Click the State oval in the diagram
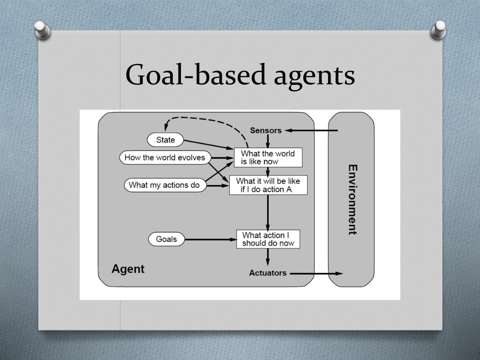(x=165, y=140)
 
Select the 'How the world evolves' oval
(x=165, y=157)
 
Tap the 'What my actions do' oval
(x=164, y=185)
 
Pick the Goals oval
(x=166, y=240)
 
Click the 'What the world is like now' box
(x=268, y=157)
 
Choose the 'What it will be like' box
(x=268, y=185)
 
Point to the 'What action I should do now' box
(x=268, y=239)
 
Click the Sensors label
(x=266, y=130)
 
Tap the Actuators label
(x=268, y=273)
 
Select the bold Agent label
(x=128, y=269)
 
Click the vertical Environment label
(x=352, y=199)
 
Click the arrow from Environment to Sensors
(x=311, y=130)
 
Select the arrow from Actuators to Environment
(x=316, y=273)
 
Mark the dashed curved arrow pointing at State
(x=206, y=118)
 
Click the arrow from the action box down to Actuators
(x=268, y=257)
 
